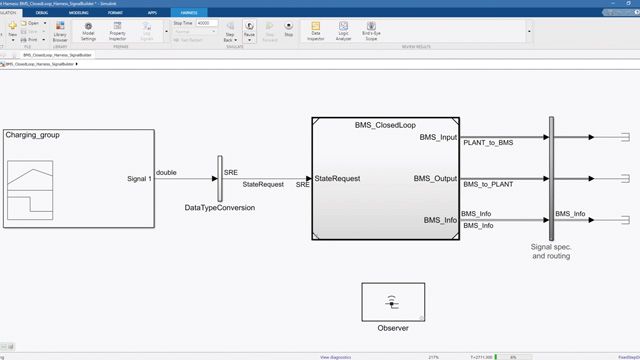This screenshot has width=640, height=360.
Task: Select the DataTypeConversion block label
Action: [220, 208]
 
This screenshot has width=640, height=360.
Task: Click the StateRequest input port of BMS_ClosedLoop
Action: [337, 179]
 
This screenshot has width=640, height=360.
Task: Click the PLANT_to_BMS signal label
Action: [488, 144]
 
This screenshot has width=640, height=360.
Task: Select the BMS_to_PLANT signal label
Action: [488, 185]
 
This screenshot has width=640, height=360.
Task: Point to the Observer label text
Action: [393, 328]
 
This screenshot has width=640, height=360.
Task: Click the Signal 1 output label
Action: [139, 179]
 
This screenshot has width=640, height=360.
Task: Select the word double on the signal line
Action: [167, 172]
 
